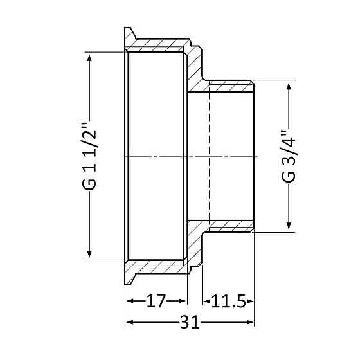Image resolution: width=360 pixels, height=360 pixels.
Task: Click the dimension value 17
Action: coord(156,301)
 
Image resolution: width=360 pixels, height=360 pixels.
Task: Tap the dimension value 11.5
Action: coord(228,301)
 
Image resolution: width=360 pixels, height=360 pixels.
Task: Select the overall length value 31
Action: coord(190,322)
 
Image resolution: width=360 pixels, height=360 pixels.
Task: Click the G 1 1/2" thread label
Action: coord(89,157)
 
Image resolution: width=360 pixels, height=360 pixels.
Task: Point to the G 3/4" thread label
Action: coord(289,157)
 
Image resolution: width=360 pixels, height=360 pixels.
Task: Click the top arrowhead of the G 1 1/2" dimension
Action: coord(89,58)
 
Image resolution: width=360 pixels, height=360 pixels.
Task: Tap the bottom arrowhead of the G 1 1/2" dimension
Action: coord(89,254)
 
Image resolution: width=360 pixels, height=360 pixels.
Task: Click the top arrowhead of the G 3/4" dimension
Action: coord(289,86)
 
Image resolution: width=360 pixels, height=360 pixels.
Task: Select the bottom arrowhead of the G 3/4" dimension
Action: coord(289,226)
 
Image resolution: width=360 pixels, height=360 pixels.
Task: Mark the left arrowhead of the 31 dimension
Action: coord(130,322)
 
